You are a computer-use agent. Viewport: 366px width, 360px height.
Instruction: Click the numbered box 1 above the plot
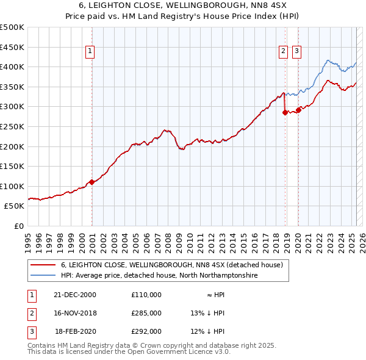(90, 52)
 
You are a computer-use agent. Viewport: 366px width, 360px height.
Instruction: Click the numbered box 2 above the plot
(284, 52)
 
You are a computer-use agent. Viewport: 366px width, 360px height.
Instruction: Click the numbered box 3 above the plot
(297, 52)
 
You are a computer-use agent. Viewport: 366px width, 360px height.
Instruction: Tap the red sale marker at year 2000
(91, 182)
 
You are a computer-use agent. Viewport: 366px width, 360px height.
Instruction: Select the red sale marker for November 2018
(285, 112)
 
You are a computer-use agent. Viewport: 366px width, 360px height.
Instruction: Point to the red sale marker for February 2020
(298, 110)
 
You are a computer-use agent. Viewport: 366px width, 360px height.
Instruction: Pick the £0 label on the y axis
(18, 226)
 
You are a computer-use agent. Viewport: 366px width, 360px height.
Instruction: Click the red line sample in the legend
(43, 265)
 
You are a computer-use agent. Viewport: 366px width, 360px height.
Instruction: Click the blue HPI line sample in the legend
(43, 276)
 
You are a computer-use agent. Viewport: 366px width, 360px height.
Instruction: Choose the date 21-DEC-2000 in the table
(75, 294)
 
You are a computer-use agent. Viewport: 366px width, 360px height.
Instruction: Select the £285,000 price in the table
(146, 313)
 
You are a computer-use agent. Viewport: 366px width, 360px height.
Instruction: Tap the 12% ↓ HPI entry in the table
(207, 331)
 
